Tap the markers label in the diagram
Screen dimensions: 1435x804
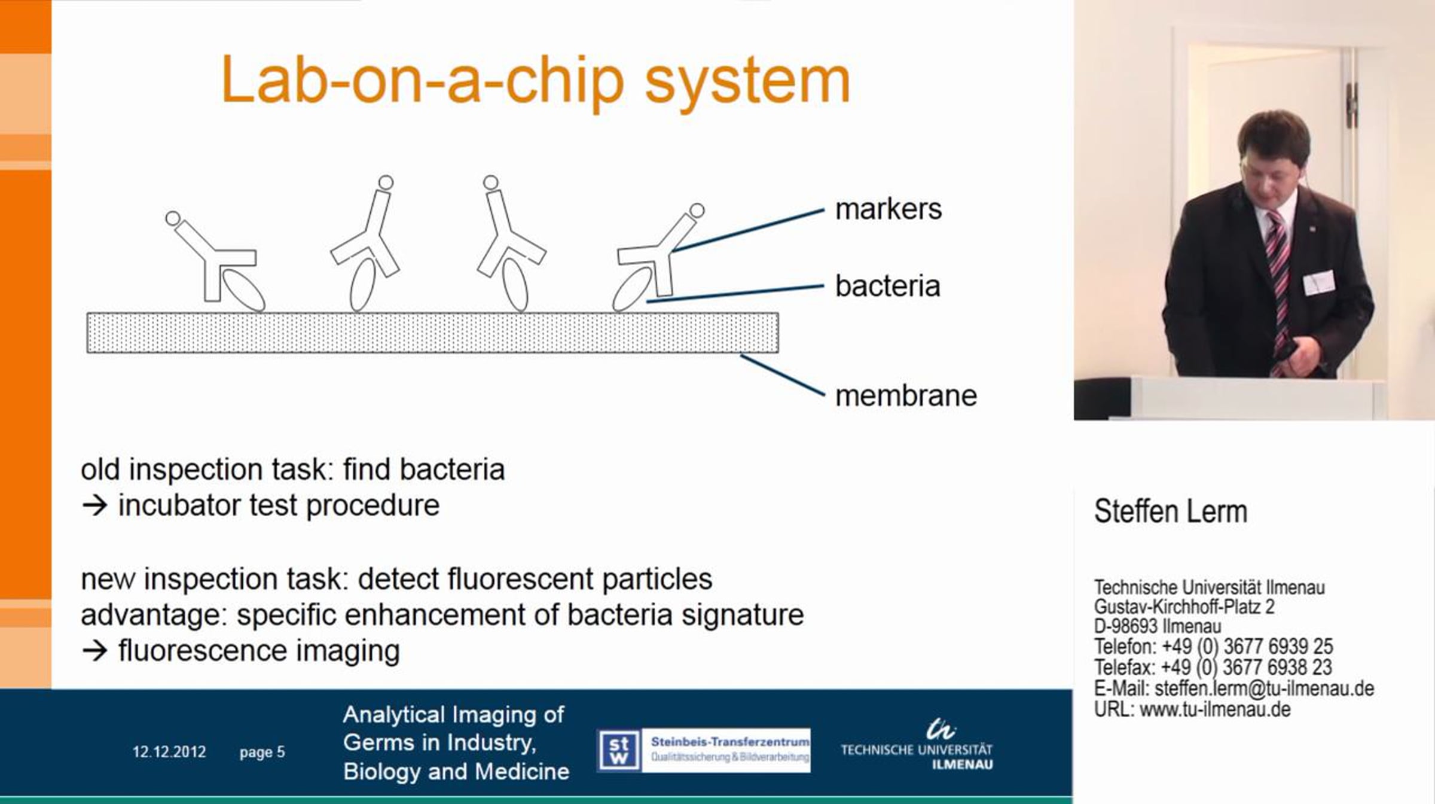point(888,209)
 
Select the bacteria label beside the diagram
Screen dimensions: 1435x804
point(887,286)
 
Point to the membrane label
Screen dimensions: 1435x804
point(906,395)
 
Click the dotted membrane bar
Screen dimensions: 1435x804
point(432,333)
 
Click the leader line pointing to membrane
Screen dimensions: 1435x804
point(782,375)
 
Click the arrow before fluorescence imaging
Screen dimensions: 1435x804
point(94,651)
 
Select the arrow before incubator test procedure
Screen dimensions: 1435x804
point(94,506)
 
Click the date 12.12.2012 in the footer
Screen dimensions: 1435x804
point(169,752)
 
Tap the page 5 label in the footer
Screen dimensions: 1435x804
point(262,753)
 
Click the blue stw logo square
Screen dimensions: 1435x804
point(619,750)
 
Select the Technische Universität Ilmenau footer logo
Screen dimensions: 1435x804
point(917,745)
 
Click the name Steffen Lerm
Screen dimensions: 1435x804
point(1171,511)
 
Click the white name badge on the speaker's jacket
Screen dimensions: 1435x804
point(1318,282)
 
